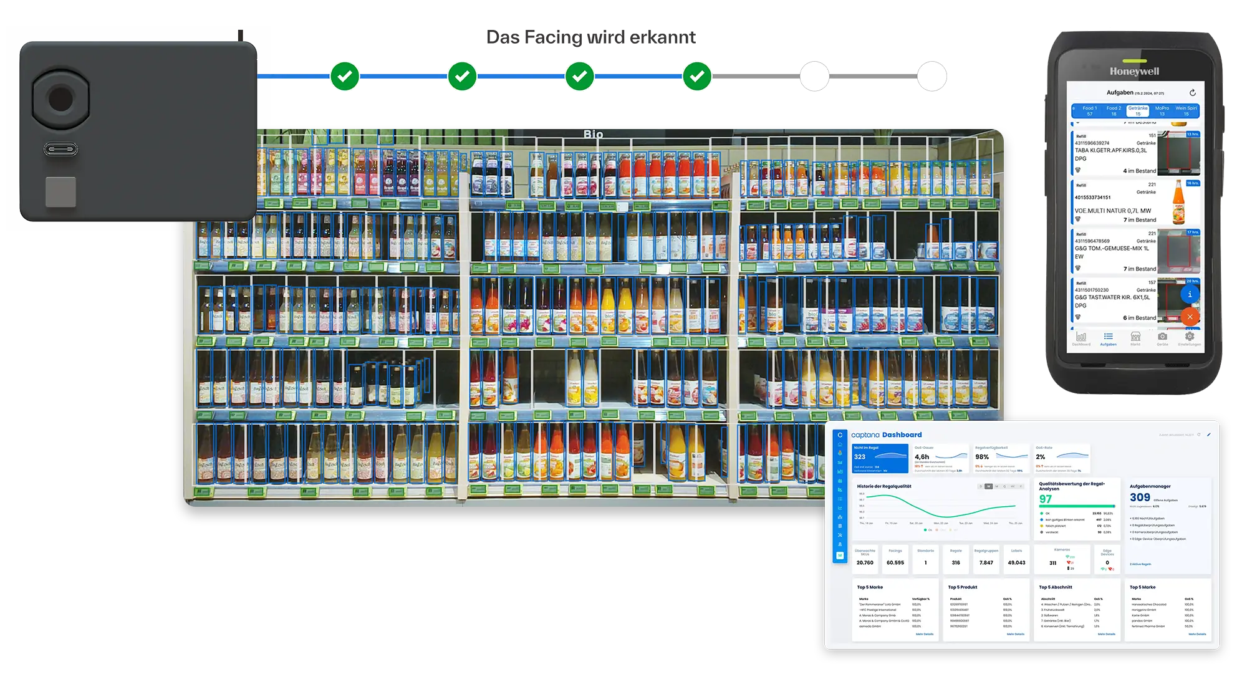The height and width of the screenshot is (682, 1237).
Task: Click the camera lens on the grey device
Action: pos(60,99)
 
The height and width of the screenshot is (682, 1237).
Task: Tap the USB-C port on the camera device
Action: pos(60,150)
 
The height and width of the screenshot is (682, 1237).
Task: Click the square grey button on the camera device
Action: pos(60,191)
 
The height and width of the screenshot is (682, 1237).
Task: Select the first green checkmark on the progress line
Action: pos(345,76)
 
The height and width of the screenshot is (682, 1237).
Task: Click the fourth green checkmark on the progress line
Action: pos(697,76)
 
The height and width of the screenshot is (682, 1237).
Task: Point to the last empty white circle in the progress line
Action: pos(931,76)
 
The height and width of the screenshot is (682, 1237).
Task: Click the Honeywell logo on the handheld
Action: pos(1134,71)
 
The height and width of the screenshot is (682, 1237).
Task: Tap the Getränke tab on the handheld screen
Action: pos(1138,111)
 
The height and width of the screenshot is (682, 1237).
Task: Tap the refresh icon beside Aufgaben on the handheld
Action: pos(1192,93)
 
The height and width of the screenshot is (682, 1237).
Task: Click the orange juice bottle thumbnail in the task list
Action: pos(1178,202)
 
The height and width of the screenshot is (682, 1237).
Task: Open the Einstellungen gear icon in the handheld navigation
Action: pos(1189,337)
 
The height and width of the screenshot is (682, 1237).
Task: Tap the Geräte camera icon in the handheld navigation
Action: pos(1162,337)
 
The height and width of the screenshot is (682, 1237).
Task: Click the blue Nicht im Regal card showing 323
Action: pos(880,459)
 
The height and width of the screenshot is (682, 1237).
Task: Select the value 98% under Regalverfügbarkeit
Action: pos(982,457)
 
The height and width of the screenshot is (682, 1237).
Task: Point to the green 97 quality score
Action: pos(1046,499)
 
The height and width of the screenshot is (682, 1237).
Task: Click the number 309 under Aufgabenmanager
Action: pos(1140,497)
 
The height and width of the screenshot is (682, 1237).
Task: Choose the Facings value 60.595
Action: pos(895,563)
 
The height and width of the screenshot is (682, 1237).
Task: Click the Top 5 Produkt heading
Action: pos(962,587)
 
